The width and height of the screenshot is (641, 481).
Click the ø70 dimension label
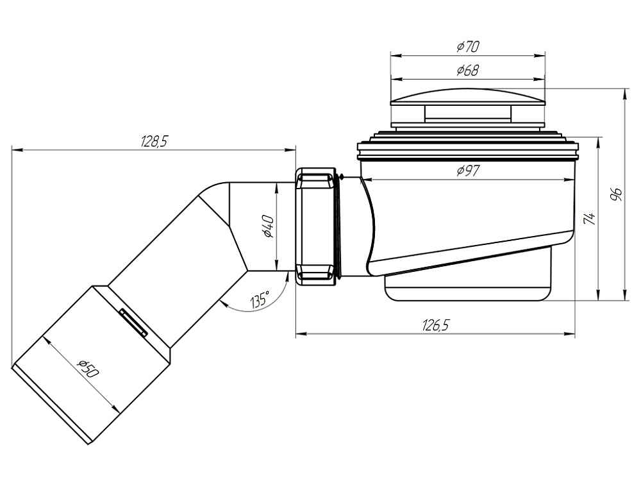[x=468, y=47]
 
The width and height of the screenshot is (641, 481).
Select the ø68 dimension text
[x=468, y=71]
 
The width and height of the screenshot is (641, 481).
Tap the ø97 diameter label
[x=469, y=170]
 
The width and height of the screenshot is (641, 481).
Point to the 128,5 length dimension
[x=154, y=142]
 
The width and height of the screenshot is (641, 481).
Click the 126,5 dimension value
[x=435, y=326]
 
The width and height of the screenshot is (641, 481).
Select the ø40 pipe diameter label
[x=268, y=226]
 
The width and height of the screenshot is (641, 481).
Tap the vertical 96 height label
[x=616, y=194]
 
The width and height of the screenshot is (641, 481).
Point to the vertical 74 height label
[x=589, y=219]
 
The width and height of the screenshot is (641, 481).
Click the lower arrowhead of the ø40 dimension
[x=277, y=265]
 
